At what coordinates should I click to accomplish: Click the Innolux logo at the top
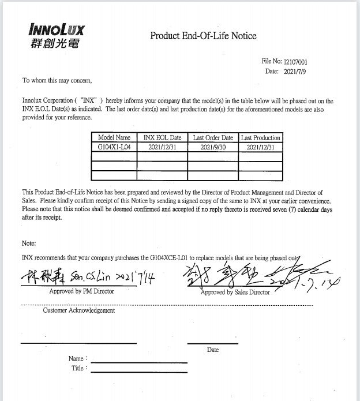tap(55, 35)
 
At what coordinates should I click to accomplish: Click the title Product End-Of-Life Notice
tap(203, 36)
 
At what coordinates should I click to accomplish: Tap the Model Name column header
tap(114, 138)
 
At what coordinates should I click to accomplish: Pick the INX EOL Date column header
tap(162, 138)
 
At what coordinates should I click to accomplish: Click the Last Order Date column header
tap(213, 138)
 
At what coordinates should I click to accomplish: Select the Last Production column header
tap(261, 138)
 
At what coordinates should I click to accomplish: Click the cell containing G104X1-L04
tap(114, 147)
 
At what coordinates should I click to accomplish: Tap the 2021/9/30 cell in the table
tap(213, 147)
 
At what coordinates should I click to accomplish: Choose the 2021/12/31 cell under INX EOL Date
tap(162, 147)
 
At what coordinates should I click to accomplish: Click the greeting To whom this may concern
tap(57, 80)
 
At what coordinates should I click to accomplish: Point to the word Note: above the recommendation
tap(29, 243)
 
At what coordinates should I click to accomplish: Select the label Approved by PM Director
tap(82, 291)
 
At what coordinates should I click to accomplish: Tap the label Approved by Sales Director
tap(235, 293)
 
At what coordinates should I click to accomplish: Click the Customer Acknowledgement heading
tap(78, 310)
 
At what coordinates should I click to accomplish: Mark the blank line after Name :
tap(139, 362)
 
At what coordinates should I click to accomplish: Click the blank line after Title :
tap(139, 372)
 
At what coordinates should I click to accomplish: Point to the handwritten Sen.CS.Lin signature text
tap(87, 278)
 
